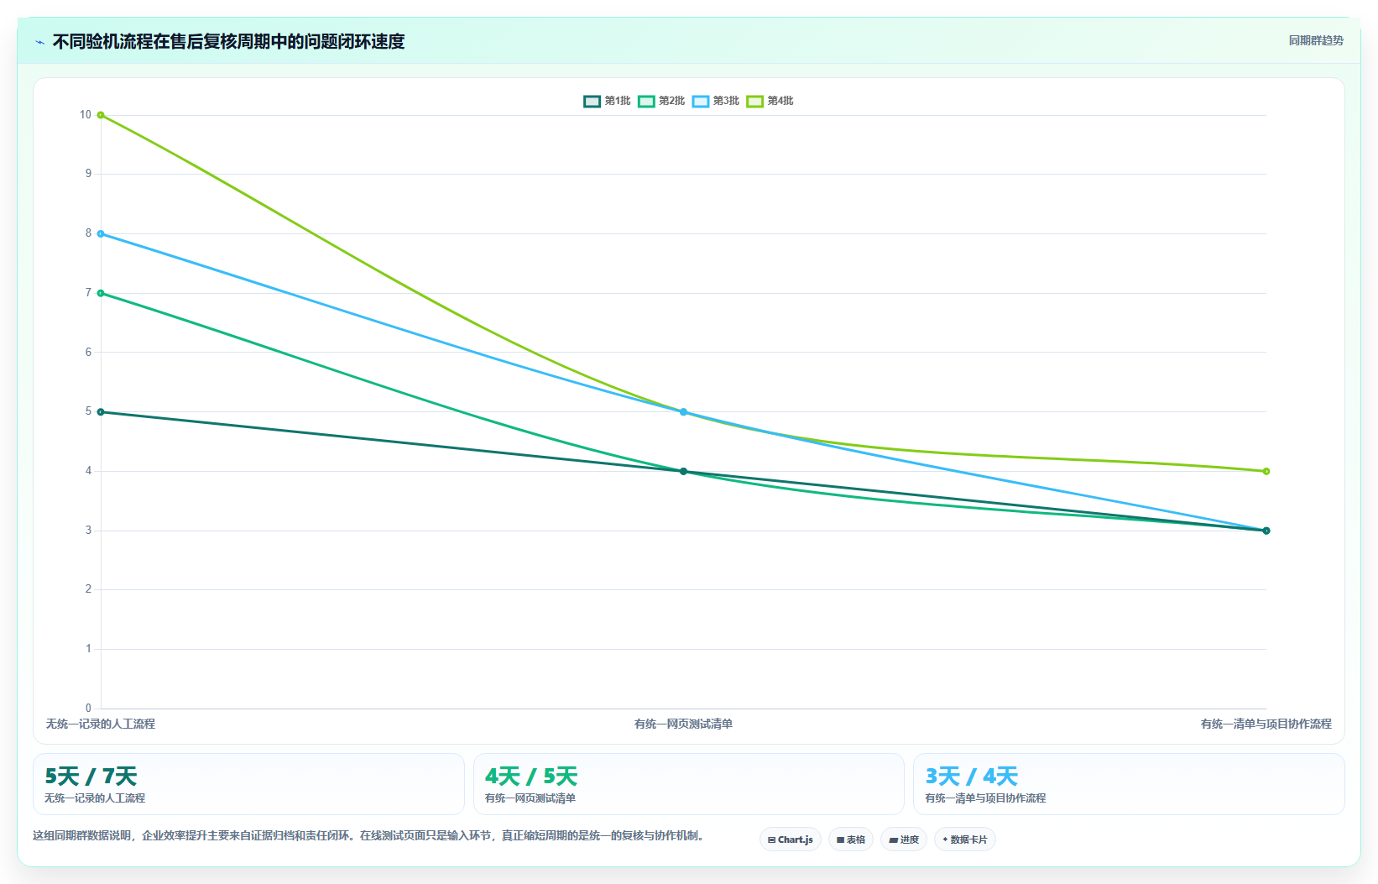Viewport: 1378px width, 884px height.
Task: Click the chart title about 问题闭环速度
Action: coord(228,41)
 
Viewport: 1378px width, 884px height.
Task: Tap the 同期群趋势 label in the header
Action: coord(1316,40)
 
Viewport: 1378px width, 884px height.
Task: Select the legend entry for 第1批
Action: coord(608,101)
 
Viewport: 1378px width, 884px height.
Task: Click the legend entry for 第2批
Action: coord(661,101)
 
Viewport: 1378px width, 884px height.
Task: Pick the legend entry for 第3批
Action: coord(716,101)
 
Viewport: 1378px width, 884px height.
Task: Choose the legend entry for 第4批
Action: coord(770,101)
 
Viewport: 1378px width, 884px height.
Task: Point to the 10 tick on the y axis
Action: coord(85,114)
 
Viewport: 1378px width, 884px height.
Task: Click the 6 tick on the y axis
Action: coord(89,352)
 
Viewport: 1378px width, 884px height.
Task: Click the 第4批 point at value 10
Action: coord(101,115)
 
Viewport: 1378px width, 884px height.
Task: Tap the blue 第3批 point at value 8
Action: coord(101,234)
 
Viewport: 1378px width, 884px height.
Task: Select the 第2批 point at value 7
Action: coord(101,293)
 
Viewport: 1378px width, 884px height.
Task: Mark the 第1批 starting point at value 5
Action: coord(101,412)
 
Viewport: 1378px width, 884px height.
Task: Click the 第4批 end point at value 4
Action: coord(1266,472)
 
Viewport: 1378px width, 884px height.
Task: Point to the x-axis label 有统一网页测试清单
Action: coord(683,724)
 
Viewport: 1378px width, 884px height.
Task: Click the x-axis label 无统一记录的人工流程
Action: coord(100,724)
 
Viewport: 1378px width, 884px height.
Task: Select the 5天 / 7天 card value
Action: coord(91,777)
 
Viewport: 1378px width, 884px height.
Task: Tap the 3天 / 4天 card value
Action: coord(971,777)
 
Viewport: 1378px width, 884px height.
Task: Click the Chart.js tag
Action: coord(791,840)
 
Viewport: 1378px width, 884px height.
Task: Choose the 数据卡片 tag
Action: coord(964,840)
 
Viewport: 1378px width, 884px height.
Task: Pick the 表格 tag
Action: coord(851,840)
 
